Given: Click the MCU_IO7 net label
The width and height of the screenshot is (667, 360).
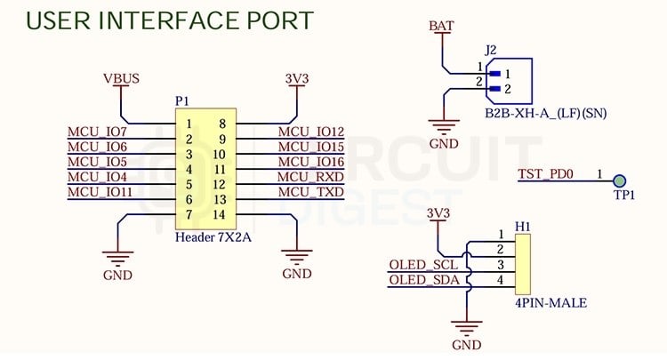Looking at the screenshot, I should (97, 132).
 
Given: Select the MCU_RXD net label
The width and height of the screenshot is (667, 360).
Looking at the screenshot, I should (310, 177).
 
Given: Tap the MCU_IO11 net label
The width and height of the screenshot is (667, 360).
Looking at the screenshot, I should (100, 191).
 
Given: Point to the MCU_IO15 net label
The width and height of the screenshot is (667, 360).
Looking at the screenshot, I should (310, 148).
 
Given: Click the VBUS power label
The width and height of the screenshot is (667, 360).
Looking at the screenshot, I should (121, 79).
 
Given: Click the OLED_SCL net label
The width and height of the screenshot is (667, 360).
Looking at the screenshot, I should (423, 266).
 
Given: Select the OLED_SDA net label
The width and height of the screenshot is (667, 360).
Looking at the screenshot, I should (423, 281).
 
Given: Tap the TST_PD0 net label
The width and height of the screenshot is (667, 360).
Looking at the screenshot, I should (547, 174).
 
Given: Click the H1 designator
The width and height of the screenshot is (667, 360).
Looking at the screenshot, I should (522, 228).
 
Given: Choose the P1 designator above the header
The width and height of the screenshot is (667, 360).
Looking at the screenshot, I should (182, 101).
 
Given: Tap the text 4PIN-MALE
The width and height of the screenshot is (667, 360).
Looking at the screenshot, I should (550, 303).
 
